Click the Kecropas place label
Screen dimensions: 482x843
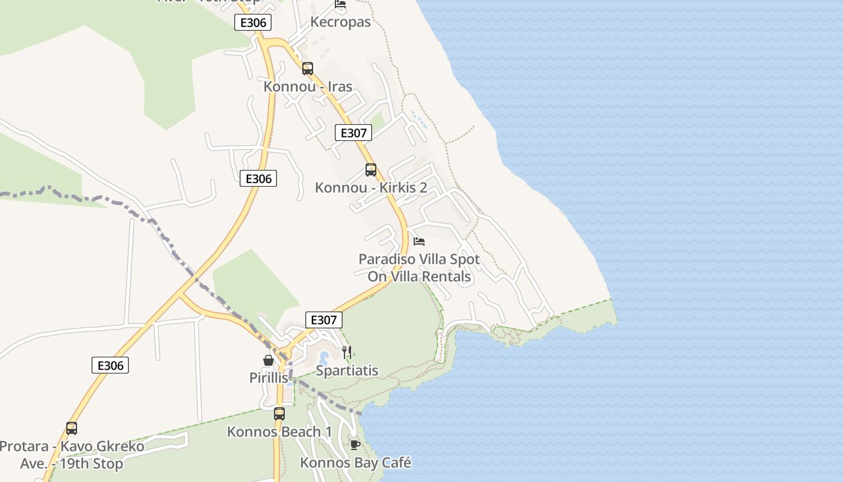[340, 22]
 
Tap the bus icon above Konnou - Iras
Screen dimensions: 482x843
[308, 69]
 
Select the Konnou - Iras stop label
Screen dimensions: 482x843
[308, 87]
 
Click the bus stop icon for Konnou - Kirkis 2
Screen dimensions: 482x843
[371, 170]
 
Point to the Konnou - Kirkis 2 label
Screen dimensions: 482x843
[371, 188]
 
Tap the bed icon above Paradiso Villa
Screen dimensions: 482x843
[419, 242]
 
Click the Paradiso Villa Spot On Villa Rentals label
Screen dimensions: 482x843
[419, 268]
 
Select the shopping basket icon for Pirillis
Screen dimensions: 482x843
[269, 360]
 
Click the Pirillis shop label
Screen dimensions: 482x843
[269, 378]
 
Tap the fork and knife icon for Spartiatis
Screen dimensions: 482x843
[347, 352]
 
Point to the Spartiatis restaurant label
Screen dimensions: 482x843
[347, 371]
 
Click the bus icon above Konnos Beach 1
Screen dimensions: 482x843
[279, 414]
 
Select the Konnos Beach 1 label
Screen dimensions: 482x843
[279, 432]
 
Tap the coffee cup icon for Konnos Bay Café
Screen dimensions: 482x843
[355, 445]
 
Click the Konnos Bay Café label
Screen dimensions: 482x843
[355, 463]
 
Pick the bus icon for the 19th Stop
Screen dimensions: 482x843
[72, 428]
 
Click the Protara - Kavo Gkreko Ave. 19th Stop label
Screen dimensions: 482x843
[72, 455]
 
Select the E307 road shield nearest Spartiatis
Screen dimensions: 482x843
[324, 320]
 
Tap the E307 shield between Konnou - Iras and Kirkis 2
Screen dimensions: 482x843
[353, 133]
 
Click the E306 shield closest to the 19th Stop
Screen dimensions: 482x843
[110, 365]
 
